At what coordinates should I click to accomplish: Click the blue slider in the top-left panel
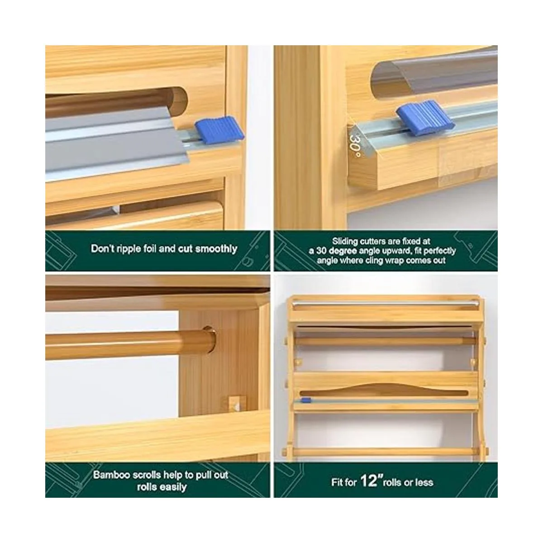click(219, 130)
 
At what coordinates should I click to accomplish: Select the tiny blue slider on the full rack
click(305, 400)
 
